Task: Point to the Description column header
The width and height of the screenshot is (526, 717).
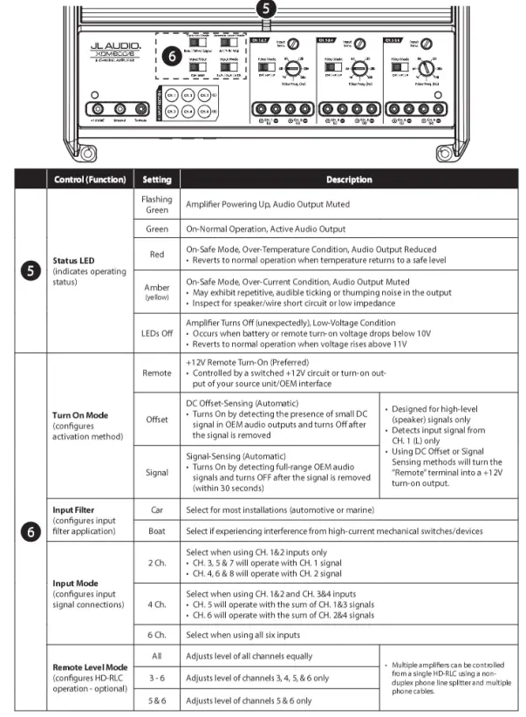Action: point(349,180)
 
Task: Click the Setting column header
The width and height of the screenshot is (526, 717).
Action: point(156,180)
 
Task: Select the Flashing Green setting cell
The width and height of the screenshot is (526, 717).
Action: point(156,203)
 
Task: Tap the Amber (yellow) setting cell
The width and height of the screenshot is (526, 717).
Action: point(156,292)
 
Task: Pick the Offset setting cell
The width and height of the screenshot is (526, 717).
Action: point(156,420)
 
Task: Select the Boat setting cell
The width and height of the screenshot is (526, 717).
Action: point(156,531)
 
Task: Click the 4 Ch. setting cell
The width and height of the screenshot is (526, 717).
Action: point(156,603)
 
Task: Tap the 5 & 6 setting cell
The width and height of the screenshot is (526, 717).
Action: point(156,700)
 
